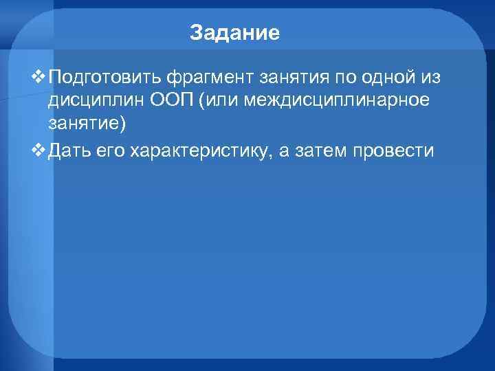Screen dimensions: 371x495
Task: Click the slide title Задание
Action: click(235, 33)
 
